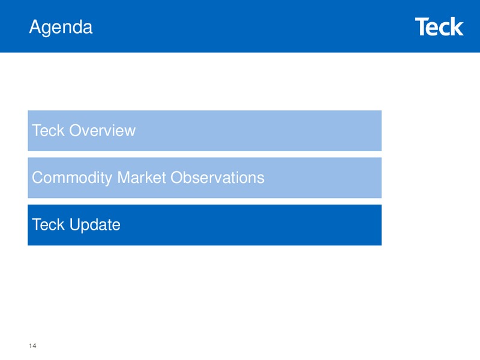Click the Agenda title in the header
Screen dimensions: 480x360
[61, 28]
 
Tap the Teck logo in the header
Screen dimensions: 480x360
[439, 26]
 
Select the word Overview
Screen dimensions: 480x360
[102, 130]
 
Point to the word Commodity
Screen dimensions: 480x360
[72, 178]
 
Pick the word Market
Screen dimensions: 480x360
[142, 178]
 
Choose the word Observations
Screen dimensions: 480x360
[217, 178]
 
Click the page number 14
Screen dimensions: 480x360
[33, 346]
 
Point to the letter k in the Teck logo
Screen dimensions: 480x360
[456, 26]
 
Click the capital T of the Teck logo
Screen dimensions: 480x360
[421, 26]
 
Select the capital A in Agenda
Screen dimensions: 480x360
[35, 26]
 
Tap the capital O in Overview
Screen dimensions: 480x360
[76, 130]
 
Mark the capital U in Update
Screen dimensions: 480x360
[75, 224]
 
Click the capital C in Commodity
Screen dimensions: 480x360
[38, 178]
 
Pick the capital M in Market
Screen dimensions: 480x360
[124, 178]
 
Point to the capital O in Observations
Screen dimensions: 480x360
[177, 178]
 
